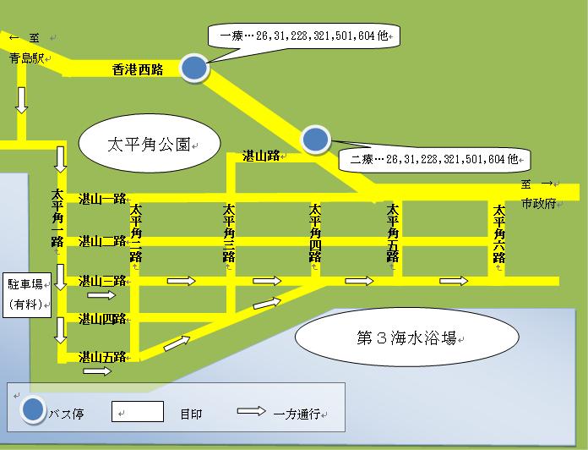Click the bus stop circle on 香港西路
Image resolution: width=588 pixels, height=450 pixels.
point(194,69)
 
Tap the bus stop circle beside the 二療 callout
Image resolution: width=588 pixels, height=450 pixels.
point(316,139)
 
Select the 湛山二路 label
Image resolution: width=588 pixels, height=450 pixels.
point(101,240)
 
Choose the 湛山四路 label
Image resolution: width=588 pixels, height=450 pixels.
point(101,319)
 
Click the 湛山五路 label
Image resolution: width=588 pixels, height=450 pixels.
point(101,357)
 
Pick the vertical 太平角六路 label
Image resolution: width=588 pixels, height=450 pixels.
point(499,233)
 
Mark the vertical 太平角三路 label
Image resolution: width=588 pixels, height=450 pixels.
point(228,233)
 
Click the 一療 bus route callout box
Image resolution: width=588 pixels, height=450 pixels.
point(304,36)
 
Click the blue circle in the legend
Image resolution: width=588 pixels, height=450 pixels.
point(34,410)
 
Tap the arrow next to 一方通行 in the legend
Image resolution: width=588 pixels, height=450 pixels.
point(253,414)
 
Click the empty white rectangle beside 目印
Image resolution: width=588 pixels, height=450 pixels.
point(138,411)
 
